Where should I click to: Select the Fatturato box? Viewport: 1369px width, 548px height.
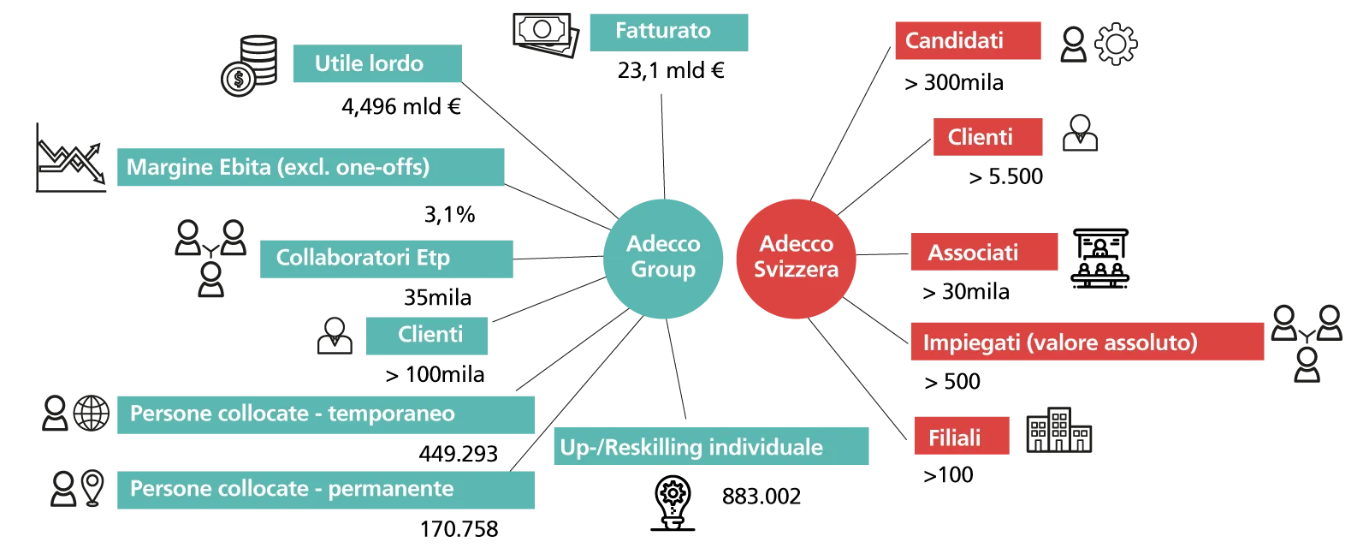coord(670,33)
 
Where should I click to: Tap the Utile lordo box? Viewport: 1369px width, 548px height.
coord(376,64)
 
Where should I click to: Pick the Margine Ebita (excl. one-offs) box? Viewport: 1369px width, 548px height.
coord(311,167)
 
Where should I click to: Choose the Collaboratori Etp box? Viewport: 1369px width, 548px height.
coord(386,259)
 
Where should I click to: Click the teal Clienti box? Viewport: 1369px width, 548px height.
coord(427,335)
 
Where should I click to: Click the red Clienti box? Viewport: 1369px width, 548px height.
coord(988,137)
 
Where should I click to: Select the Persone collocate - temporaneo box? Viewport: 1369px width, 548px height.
coord(327,414)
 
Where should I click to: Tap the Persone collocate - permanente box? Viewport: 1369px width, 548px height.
coord(327,489)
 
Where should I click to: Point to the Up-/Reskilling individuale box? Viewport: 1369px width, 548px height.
coord(708,446)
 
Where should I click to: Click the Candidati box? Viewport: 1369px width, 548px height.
coord(968,41)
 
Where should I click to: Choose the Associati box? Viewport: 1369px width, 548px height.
coord(984,253)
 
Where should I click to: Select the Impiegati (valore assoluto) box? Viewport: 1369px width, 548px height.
coord(1087,342)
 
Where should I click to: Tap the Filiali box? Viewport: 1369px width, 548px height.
coord(960,437)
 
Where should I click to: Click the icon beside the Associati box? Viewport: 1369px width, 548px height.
coord(1100,260)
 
